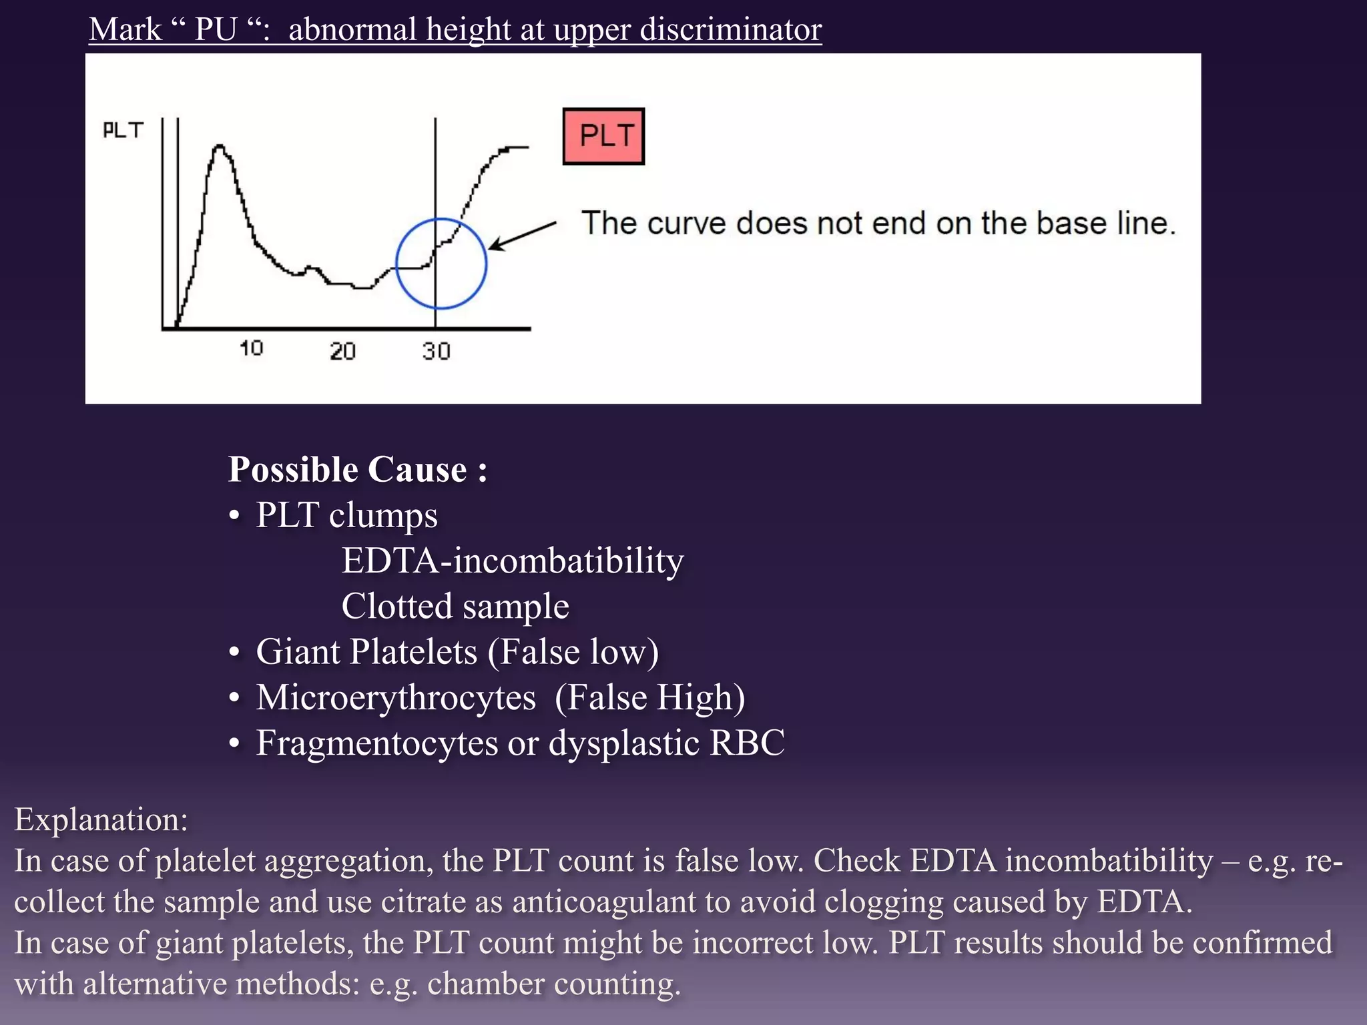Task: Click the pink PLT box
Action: (603, 136)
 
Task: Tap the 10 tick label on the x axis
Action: (252, 348)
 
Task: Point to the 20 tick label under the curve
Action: (342, 351)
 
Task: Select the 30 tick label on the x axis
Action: (437, 351)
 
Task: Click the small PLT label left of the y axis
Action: (123, 130)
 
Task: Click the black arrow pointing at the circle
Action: (522, 236)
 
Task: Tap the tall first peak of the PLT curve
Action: (219, 148)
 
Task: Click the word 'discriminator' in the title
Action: (730, 30)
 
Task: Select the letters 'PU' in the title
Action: (216, 30)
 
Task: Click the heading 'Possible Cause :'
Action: (358, 470)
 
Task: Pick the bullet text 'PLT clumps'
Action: (346, 515)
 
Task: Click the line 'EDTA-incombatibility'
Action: (512, 561)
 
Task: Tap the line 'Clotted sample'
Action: (455, 606)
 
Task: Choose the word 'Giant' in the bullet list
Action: (300, 651)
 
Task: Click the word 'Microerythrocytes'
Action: (396, 697)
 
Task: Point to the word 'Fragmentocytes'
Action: (376, 743)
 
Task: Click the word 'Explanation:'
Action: (101, 819)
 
